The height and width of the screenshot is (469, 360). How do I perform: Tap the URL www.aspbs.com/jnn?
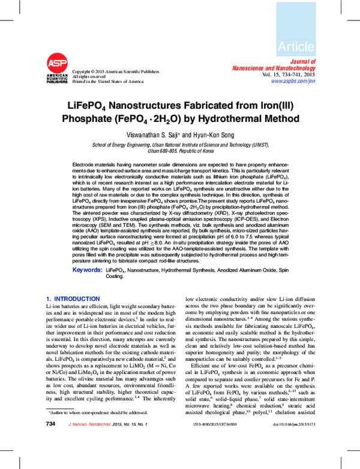[293, 80]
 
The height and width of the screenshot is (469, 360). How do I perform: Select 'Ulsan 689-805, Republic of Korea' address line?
[180, 151]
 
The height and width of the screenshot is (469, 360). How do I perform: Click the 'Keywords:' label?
[87, 270]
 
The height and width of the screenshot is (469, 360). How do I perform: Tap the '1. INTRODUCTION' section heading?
[73, 298]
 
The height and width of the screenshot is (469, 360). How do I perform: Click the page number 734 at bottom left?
[51, 458]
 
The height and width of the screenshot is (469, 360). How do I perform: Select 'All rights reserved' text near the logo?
[88, 76]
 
